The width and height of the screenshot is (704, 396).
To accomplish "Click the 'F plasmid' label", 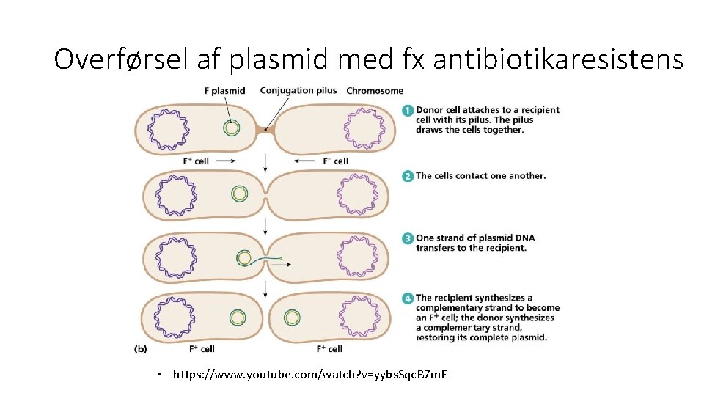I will [224, 91].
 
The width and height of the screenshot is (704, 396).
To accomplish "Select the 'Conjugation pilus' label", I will [298, 91].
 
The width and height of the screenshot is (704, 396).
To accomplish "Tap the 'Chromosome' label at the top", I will [375, 91].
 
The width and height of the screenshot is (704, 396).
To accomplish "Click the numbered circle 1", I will [407, 111].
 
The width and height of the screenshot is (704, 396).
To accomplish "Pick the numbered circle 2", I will [407, 176].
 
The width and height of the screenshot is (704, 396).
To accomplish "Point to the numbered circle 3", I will [407, 238].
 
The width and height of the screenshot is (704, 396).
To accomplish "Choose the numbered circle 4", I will [407, 298].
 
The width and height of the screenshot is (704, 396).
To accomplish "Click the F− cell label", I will [336, 161].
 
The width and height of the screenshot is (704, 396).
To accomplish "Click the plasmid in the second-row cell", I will [239, 194].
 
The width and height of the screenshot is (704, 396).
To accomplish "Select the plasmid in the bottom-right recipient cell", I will [292, 318].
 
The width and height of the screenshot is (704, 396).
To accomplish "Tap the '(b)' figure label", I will [140, 349].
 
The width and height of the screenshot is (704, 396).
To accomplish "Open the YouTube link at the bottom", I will [310, 375].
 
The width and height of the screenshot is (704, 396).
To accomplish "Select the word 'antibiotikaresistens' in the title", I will [558, 59].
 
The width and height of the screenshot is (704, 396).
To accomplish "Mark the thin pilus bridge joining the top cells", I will [265, 131].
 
